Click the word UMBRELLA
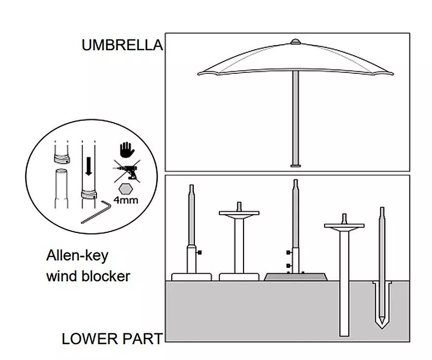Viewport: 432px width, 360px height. point(123,45)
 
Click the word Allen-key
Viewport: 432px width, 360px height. point(77,256)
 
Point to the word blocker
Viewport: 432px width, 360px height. point(106,276)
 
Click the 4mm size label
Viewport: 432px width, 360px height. point(125,200)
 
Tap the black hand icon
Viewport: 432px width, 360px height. point(127,150)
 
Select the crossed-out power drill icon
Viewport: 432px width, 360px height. point(127,171)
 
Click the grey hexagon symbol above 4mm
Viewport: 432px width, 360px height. point(125,190)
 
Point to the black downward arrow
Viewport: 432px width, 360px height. point(89,166)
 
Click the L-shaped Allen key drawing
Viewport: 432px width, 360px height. point(97,212)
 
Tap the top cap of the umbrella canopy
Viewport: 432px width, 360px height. point(296,42)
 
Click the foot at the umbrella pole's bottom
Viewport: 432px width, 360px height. point(296,166)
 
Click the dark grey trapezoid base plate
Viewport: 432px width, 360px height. point(296,277)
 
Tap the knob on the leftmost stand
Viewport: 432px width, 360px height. point(199,252)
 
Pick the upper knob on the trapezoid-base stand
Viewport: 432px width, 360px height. point(289,253)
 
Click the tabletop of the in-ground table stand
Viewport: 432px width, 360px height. point(344,226)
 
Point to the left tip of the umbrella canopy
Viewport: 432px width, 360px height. point(199,74)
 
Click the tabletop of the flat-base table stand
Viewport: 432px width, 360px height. point(239,213)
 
